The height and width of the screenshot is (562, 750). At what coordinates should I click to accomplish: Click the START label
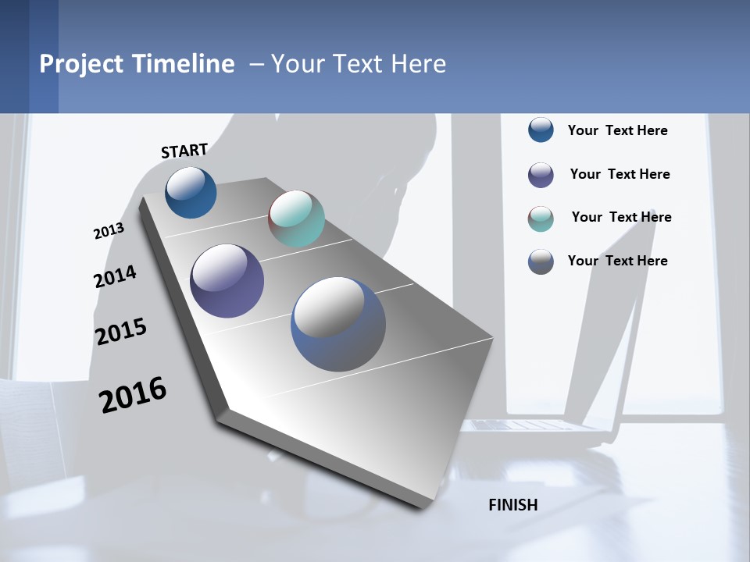tap(184, 151)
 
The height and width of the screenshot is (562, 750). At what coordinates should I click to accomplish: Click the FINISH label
tap(512, 505)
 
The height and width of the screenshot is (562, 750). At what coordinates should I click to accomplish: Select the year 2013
tap(109, 231)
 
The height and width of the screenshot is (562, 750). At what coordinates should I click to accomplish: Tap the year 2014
tap(115, 276)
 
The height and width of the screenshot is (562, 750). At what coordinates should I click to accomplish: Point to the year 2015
tap(121, 332)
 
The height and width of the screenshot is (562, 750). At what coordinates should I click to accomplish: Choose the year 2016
tap(133, 395)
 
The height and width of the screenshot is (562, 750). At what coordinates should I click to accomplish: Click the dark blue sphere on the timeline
tap(191, 192)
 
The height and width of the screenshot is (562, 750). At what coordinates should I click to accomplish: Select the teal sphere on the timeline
tap(296, 219)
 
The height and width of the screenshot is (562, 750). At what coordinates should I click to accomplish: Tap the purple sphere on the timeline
tap(227, 281)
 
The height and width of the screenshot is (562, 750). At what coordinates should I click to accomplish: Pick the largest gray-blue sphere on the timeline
tap(338, 324)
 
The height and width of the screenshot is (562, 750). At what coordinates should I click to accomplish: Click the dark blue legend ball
tap(541, 130)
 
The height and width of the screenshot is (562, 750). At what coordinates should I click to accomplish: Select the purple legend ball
tap(541, 174)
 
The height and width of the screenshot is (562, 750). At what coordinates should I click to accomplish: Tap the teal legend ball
tap(541, 219)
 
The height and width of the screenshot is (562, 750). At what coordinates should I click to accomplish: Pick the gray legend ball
tap(541, 261)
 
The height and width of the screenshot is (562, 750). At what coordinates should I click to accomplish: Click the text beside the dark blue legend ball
tap(617, 130)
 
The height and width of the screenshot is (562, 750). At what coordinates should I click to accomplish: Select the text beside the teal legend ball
tap(621, 217)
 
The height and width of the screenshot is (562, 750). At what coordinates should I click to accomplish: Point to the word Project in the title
tap(80, 64)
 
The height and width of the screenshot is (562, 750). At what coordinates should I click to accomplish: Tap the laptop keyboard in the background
tap(531, 425)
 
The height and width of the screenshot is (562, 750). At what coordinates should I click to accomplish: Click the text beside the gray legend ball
tap(617, 261)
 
